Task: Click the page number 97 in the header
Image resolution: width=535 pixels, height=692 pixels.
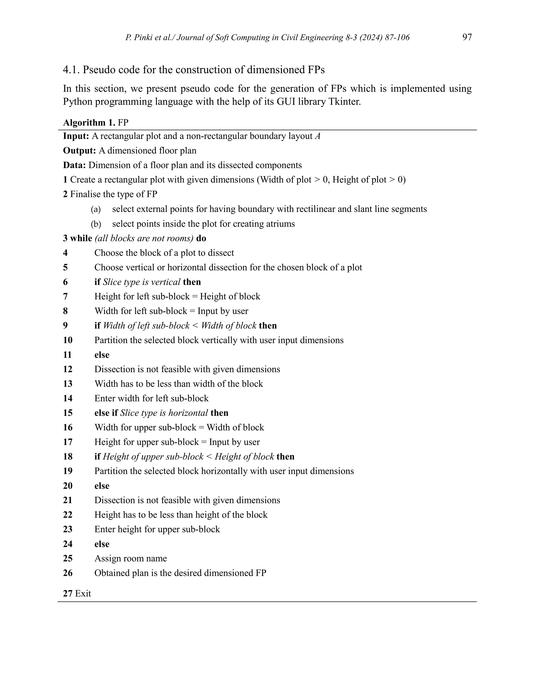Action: click(x=467, y=37)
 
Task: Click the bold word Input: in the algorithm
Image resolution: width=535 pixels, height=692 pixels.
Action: click(x=76, y=136)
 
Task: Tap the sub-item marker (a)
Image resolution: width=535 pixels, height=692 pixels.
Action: click(x=96, y=209)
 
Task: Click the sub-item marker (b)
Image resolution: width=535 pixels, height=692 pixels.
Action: click(x=96, y=224)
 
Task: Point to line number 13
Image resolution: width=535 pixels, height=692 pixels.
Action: click(x=67, y=384)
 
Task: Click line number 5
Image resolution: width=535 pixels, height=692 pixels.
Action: click(x=65, y=267)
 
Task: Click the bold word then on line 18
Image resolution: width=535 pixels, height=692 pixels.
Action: click(x=285, y=456)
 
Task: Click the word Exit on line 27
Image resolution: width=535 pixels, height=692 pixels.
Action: click(x=83, y=594)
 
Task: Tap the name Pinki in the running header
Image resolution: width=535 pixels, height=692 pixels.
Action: click(x=142, y=38)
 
